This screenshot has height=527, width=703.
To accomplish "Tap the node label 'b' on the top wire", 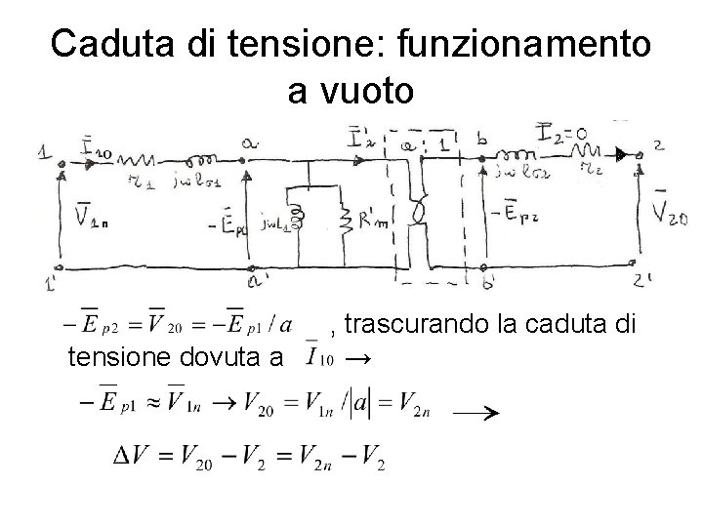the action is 481,140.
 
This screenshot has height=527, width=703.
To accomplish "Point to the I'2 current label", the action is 361,137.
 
